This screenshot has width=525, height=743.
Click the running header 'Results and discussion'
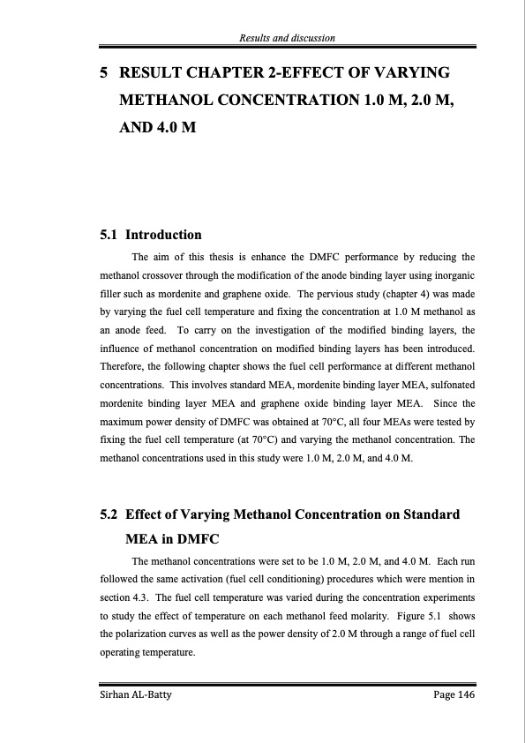coord(287,37)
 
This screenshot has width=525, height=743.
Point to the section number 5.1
coord(109,236)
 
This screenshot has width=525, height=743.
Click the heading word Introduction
coord(164,236)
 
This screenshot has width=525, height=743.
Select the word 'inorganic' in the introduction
coord(453,276)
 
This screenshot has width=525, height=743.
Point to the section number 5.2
coord(109,515)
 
